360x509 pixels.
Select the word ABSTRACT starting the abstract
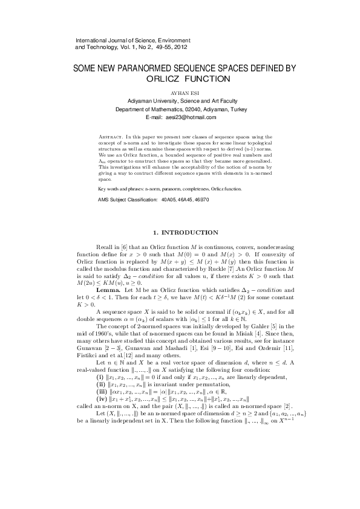pyautogui.click(x=112, y=138)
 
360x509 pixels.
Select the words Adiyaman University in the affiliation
pyautogui.click(x=154, y=102)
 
